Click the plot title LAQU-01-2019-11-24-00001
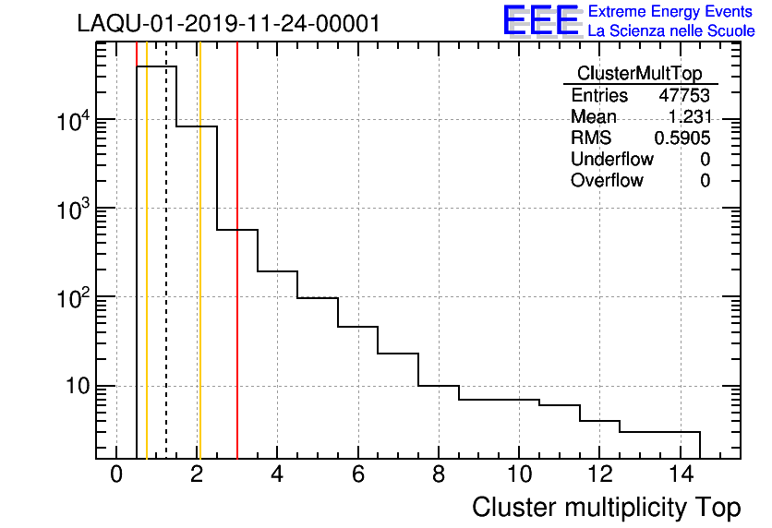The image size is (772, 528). (x=228, y=24)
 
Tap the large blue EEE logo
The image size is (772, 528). (x=540, y=20)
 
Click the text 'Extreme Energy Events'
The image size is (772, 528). (x=671, y=11)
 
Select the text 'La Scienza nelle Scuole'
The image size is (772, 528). (x=671, y=31)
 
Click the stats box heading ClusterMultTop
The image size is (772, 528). (x=639, y=74)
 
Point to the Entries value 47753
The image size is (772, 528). (x=684, y=95)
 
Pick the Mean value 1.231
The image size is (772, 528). (x=689, y=116)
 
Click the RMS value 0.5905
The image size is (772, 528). (x=682, y=138)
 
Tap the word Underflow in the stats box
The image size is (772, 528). (x=611, y=159)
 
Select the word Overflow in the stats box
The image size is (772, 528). (x=607, y=180)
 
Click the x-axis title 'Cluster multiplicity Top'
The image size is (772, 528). (x=607, y=507)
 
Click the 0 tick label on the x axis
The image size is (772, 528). (x=116, y=474)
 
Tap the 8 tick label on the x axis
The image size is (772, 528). (x=439, y=474)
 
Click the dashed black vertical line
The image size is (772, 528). (x=166, y=277)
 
